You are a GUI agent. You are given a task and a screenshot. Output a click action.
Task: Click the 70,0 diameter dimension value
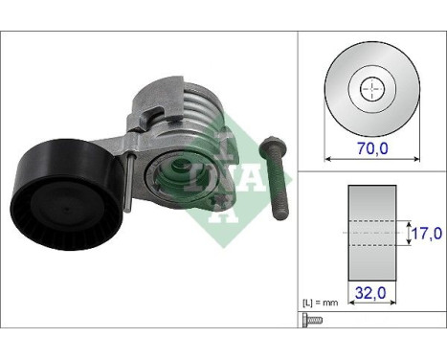372,150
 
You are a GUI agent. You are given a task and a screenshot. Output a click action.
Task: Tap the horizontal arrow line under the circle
372,135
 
